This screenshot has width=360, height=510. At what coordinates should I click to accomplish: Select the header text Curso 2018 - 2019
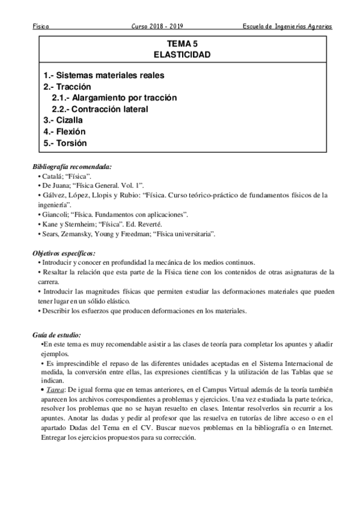coord(157,26)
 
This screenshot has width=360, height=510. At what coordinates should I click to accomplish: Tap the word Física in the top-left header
coord(41,26)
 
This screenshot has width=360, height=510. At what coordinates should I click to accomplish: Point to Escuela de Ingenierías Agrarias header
coord(286,26)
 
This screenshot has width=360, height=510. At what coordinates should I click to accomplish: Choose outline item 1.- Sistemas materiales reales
coord(104,75)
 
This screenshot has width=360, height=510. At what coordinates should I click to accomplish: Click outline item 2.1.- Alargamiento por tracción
coord(114,98)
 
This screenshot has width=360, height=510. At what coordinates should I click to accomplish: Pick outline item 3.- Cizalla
coord(66,120)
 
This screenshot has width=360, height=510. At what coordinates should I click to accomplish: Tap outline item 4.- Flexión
coord(64,132)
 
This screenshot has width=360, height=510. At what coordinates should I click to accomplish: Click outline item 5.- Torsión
coord(65,143)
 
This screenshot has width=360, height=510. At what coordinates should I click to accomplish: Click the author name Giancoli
coord(53,214)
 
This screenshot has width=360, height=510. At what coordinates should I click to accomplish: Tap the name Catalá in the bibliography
coord(51,176)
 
